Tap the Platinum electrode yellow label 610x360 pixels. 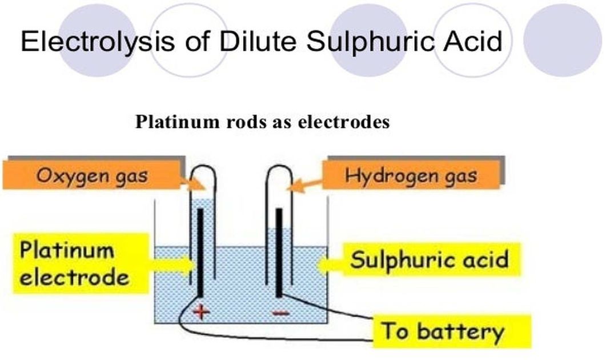pyautogui.click(x=74, y=264)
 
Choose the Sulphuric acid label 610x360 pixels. pyautogui.click(x=429, y=260)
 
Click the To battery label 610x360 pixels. pyautogui.click(x=443, y=331)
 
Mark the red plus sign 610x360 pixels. pyautogui.click(x=202, y=312)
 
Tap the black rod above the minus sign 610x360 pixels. pyautogui.click(x=279, y=251)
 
